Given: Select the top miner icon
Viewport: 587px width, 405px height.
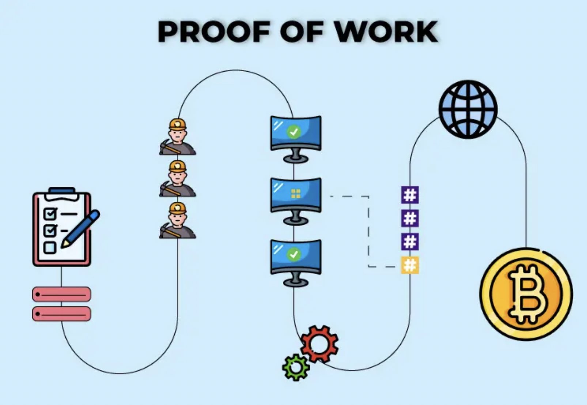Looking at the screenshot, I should [x=178, y=137].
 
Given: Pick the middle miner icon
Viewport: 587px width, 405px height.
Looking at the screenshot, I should [x=178, y=179].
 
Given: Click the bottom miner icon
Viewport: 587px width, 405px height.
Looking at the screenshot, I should [x=178, y=221].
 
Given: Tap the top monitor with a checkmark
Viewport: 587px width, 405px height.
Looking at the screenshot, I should [x=296, y=134].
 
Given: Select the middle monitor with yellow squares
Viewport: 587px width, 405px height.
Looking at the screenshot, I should [x=296, y=196].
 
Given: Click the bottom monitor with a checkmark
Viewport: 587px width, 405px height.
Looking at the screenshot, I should [x=296, y=257].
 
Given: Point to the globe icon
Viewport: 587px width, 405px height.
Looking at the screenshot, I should [x=468, y=109].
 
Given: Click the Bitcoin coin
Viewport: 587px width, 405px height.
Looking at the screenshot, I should [x=526, y=294].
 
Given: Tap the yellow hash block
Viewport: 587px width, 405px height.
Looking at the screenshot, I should [x=410, y=265].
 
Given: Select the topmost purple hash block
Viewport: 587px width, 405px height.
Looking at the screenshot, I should [x=410, y=195].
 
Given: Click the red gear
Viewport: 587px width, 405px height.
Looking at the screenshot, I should [x=319, y=344].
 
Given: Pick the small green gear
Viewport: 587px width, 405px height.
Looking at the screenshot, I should [x=296, y=367].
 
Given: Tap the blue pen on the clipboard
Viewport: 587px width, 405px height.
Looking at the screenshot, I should [x=81, y=228].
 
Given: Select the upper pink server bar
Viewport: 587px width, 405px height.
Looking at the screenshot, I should [x=61, y=294].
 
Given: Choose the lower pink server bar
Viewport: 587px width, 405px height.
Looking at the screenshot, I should [x=61, y=314].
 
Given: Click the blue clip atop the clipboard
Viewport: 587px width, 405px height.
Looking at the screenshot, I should [x=62, y=191].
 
